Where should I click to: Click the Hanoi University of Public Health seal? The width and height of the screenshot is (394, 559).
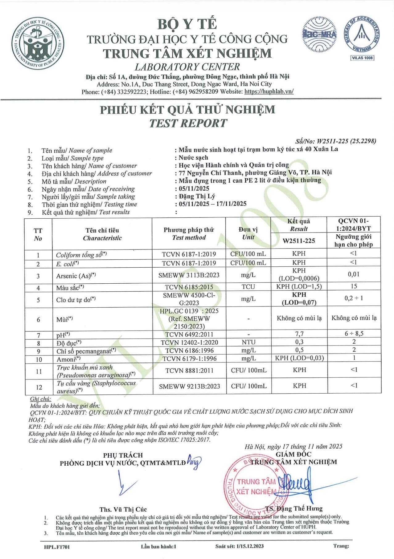pos(38,43)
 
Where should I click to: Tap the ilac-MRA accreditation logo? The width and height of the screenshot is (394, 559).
pos(319,35)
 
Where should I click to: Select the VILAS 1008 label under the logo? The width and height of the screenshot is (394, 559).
pos(362,58)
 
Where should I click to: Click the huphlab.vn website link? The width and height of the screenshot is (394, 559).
pos(269,91)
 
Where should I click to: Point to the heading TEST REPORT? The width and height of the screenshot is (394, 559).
pos(188,123)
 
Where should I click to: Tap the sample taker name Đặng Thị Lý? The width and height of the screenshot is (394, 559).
pos(197,196)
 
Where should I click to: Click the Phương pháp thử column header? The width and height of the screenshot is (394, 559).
pos(189,233)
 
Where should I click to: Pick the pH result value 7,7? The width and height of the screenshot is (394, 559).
pos(299,334)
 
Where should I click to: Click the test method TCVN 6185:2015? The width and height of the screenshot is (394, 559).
pos(189,287)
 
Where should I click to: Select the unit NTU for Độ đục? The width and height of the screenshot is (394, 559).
pos(248,342)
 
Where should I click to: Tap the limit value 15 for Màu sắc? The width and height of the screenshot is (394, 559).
pos(354,286)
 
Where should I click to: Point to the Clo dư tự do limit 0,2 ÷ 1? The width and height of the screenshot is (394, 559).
pos(354,298)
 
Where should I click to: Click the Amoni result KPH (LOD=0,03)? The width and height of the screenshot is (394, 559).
pos(299,358)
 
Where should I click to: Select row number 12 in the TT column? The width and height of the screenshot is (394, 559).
pos(39,387)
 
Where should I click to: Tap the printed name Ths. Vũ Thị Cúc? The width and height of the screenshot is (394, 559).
pos(123,509)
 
